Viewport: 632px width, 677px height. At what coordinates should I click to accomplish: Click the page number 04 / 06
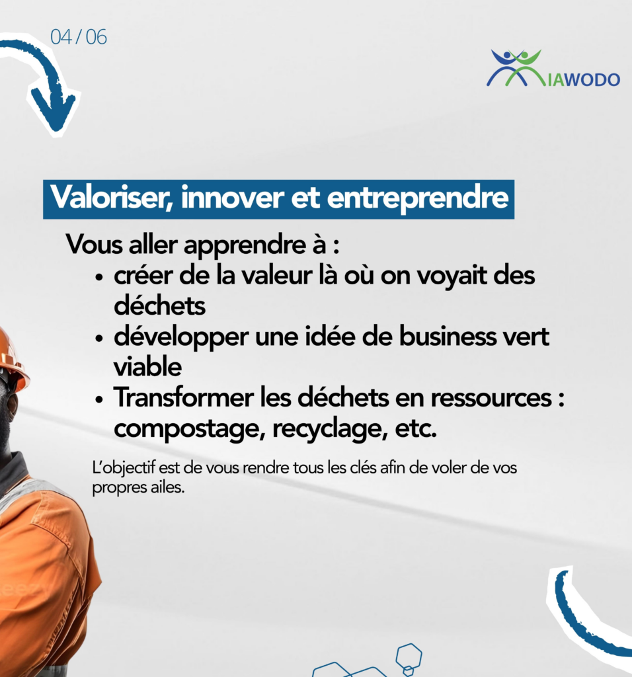pyautogui.click(x=78, y=37)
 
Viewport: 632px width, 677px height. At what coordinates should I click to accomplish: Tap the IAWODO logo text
pyautogui.click(x=584, y=79)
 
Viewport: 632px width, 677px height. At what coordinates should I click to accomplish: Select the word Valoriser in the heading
pyautogui.click(x=111, y=198)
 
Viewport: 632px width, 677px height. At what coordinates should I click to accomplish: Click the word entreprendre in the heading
pyautogui.click(x=418, y=198)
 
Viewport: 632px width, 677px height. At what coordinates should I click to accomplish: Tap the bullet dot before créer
pyautogui.click(x=99, y=277)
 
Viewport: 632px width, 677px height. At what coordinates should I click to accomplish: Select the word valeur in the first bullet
pyautogui.click(x=276, y=276)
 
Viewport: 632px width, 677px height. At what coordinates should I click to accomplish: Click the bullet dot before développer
pyautogui.click(x=99, y=338)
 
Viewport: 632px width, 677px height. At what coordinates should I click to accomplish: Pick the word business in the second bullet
pyautogui.click(x=448, y=337)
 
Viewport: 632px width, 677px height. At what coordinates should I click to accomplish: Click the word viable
pyautogui.click(x=147, y=368)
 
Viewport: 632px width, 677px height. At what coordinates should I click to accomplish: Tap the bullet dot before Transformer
pyautogui.click(x=99, y=399)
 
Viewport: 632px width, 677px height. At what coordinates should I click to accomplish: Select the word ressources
pyautogui.click(x=491, y=398)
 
